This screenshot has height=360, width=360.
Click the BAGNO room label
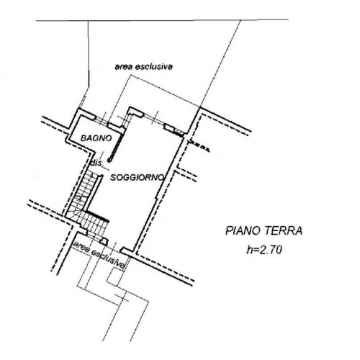96,138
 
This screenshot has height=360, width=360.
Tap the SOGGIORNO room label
138,178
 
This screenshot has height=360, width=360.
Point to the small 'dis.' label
96,163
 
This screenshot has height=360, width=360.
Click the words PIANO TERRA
264,231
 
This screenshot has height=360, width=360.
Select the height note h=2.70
264,251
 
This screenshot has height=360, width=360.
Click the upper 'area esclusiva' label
143,66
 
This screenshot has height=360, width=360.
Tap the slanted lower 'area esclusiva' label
99,255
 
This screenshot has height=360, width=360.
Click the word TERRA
284,231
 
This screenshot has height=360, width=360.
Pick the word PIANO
243,231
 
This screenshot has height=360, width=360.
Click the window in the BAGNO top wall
102,121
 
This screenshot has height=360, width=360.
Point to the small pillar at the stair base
104,240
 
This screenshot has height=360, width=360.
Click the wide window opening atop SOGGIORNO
154,120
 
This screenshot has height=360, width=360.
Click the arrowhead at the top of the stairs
91,175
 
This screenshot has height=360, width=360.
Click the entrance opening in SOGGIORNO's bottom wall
114,248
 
